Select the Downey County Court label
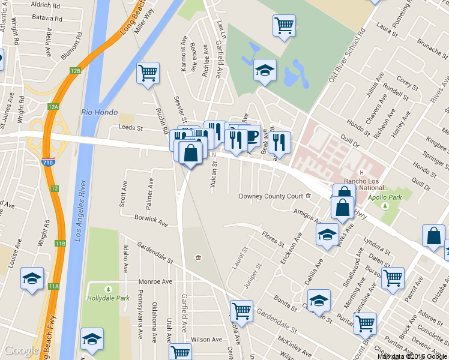(271, 196)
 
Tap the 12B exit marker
(74, 71)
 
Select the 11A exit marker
(55, 286)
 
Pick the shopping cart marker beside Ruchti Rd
(148, 73)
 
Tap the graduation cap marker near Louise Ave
(32, 278)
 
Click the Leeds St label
(130, 128)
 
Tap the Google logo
(22, 351)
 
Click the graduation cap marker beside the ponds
(265, 70)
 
